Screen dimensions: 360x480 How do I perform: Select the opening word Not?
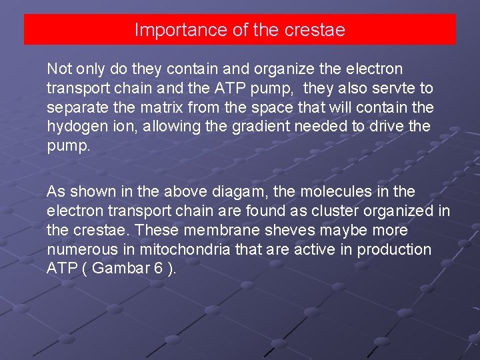[58, 69]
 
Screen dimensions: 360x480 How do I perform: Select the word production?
[394, 250]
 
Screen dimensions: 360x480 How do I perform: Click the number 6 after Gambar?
[157, 269]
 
